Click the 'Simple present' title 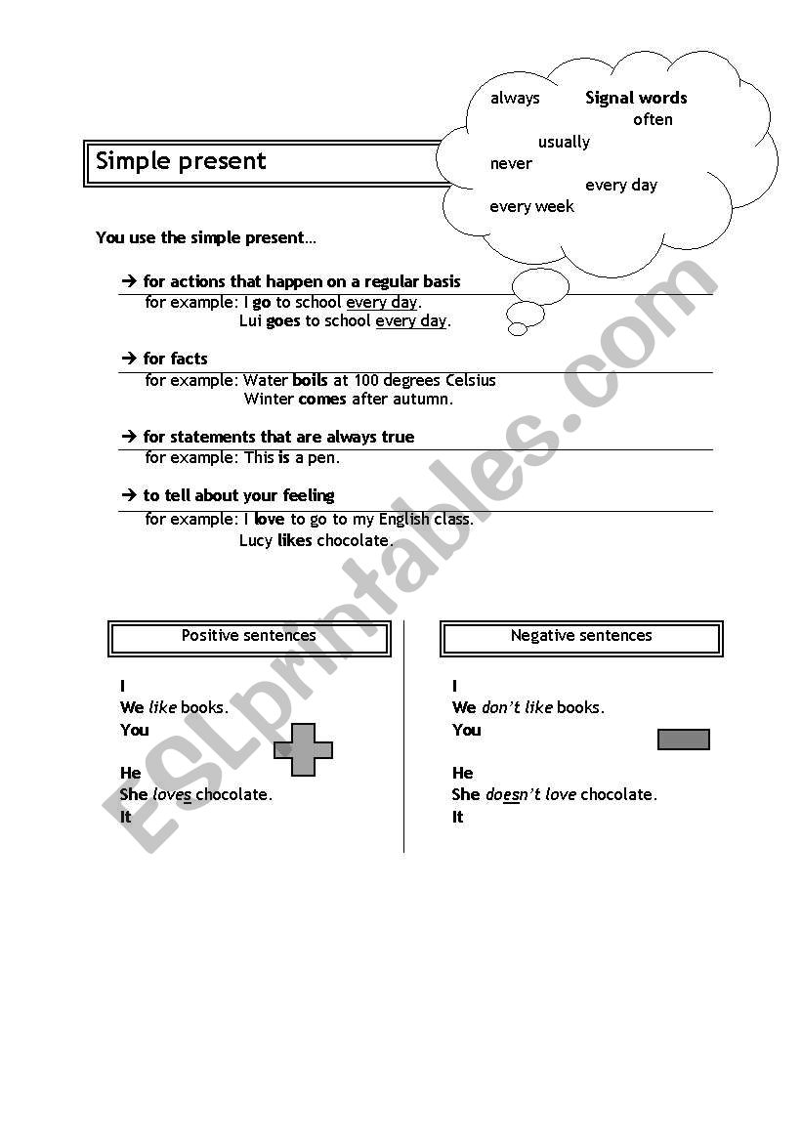[181, 161]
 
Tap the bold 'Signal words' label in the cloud [636, 98]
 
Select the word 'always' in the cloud [515, 98]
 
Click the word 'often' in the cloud [653, 120]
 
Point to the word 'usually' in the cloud [564, 143]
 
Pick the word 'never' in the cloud [511, 164]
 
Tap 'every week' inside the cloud [531, 207]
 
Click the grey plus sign [303, 750]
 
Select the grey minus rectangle [684, 740]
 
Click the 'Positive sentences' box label [249, 636]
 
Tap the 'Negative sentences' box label [581, 636]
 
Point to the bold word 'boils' [310, 380]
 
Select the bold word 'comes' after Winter [321, 400]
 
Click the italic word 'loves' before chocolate [172, 795]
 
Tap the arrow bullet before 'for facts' [128, 359]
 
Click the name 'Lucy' [256, 540]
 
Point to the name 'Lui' [251, 321]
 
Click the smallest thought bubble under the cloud [518, 329]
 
